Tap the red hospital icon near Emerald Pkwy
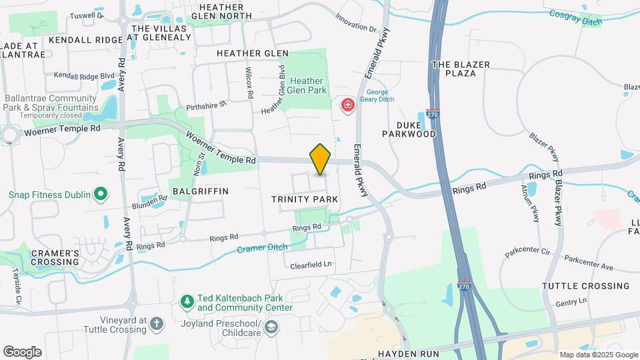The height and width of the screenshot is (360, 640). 347,105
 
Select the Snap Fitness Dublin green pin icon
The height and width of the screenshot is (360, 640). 101,195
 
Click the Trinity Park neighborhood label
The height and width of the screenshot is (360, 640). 305,199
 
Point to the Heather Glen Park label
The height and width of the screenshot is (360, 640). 305,86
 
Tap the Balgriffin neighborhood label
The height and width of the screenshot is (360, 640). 200,191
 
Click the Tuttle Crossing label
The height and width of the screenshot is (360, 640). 585,286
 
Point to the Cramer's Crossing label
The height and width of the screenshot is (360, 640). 54,257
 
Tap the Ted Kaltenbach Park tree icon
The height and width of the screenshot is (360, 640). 187,303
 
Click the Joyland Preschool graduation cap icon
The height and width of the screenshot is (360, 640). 271,327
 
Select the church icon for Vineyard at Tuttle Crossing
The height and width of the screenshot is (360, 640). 156,325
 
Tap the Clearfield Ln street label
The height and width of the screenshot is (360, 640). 311,265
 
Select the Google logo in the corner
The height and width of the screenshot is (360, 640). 22,351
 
